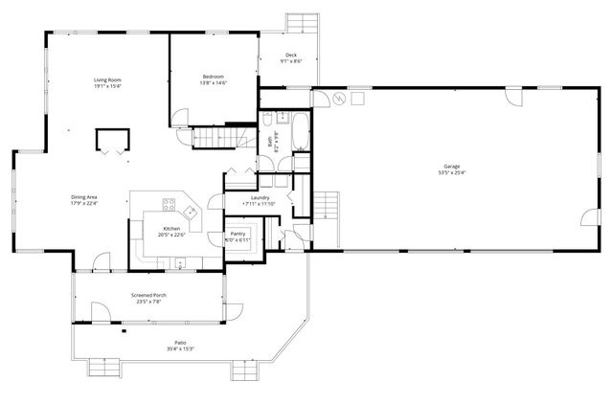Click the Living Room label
[x=106, y=79]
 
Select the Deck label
[x=291, y=56]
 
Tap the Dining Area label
[x=84, y=196]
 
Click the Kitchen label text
[x=170, y=229]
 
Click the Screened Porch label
[x=148, y=295]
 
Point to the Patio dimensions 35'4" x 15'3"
[x=179, y=348]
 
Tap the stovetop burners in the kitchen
[x=170, y=204]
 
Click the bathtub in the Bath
[x=299, y=130]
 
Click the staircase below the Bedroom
[x=211, y=139]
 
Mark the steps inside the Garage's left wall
[x=327, y=205]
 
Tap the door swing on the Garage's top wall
[x=511, y=97]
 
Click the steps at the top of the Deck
[x=304, y=22]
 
